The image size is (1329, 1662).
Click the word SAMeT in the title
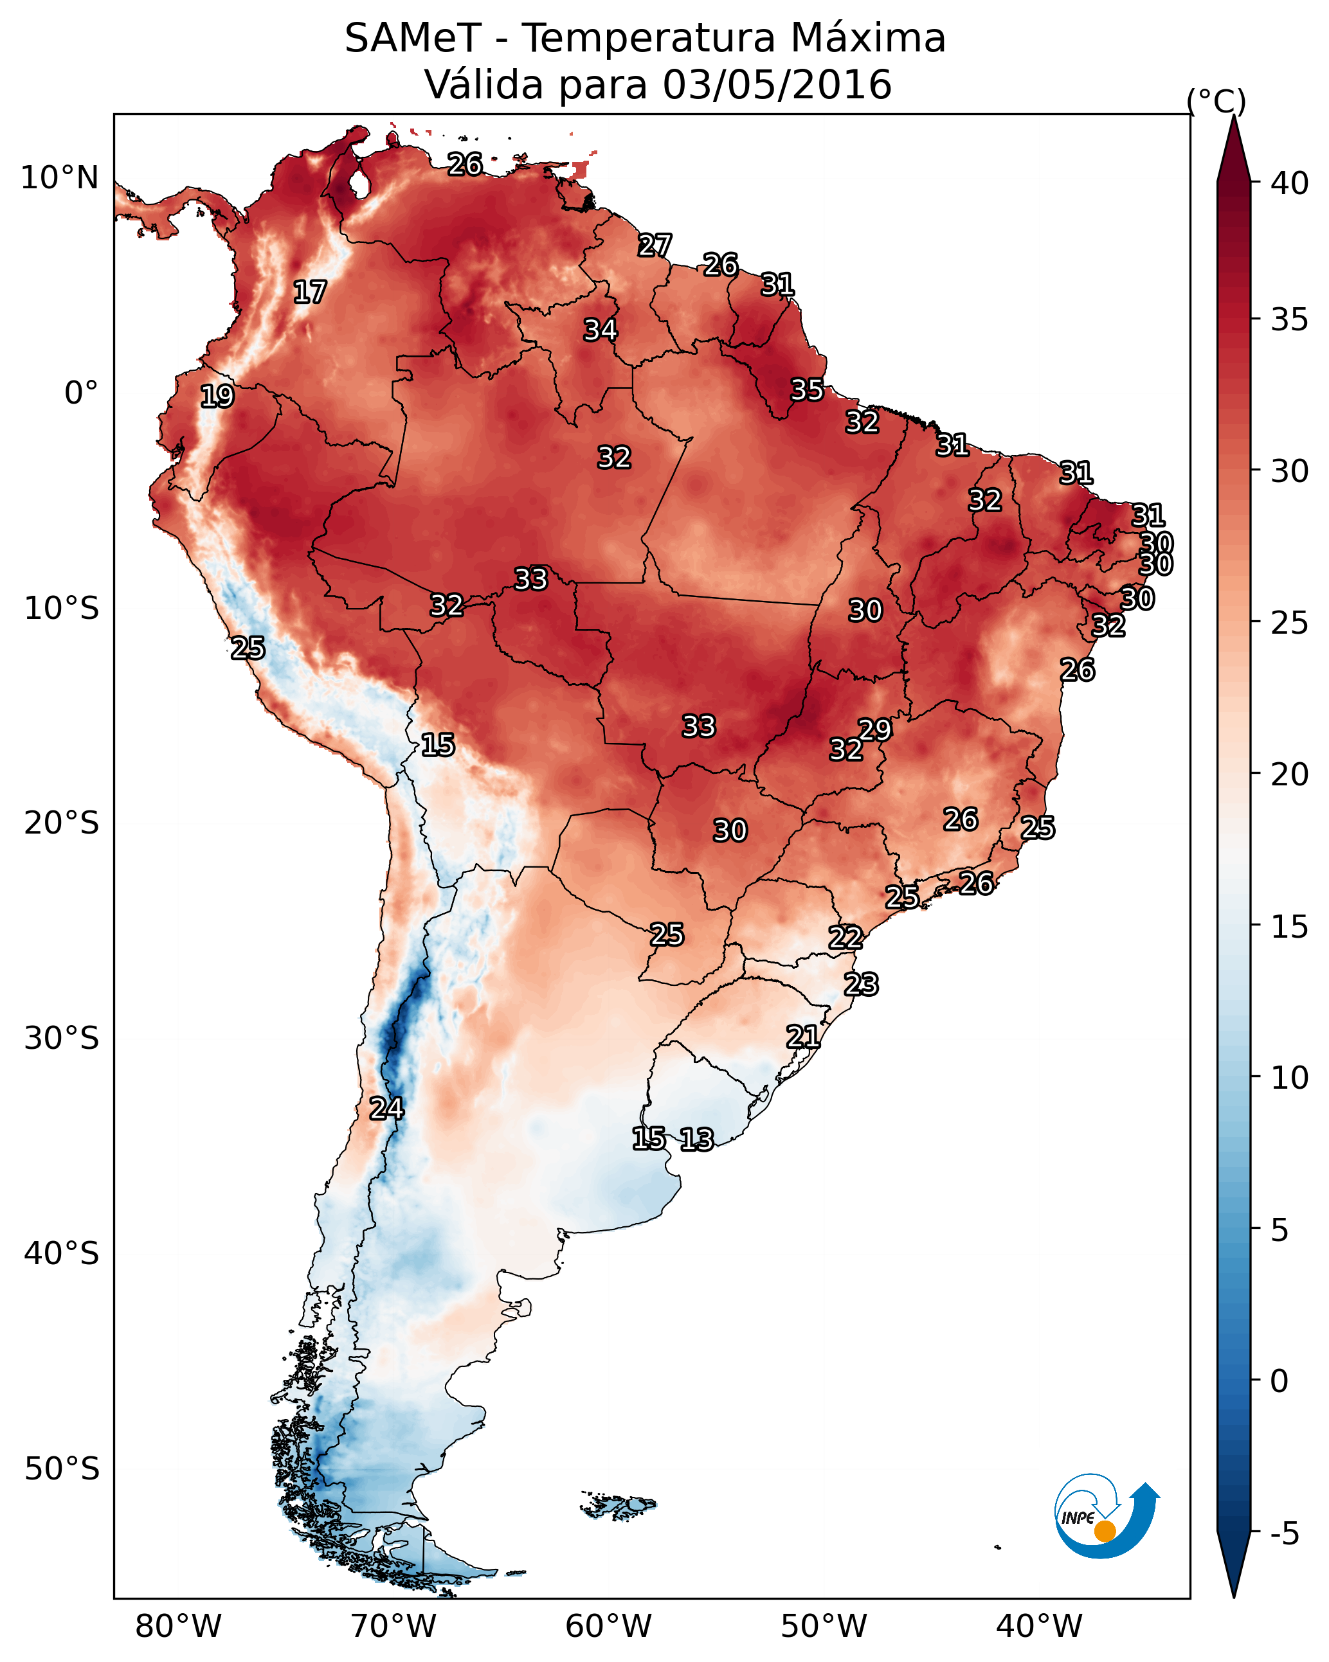pyautogui.click(x=412, y=39)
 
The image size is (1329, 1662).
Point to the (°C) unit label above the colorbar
pyautogui.click(x=1216, y=101)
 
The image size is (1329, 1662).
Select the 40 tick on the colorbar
pyautogui.click(x=1290, y=183)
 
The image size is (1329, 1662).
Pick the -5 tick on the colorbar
pyautogui.click(x=1284, y=1534)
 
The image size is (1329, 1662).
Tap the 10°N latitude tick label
pyautogui.click(x=59, y=178)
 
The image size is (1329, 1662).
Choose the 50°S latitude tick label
pyautogui.click(x=62, y=1469)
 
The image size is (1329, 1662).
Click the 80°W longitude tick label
pyautogui.click(x=178, y=1627)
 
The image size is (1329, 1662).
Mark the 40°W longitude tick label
pyautogui.click(x=1038, y=1627)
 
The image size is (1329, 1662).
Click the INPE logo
pyautogui.click(x=1105, y=1519)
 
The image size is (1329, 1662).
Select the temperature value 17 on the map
pyautogui.click(x=310, y=292)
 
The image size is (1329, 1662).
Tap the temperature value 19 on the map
pyautogui.click(x=217, y=397)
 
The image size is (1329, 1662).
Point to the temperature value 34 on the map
pyautogui.click(x=600, y=330)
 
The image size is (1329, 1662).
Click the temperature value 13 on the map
pyautogui.click(x=696, y=1139)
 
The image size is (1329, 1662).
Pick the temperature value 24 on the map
pyautogui.click(x=386, y=1109)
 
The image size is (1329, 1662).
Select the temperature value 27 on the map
pyautogui.click(x=654, y=245)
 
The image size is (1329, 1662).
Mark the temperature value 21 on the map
pyautogui.click(x=802, y=1036)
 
